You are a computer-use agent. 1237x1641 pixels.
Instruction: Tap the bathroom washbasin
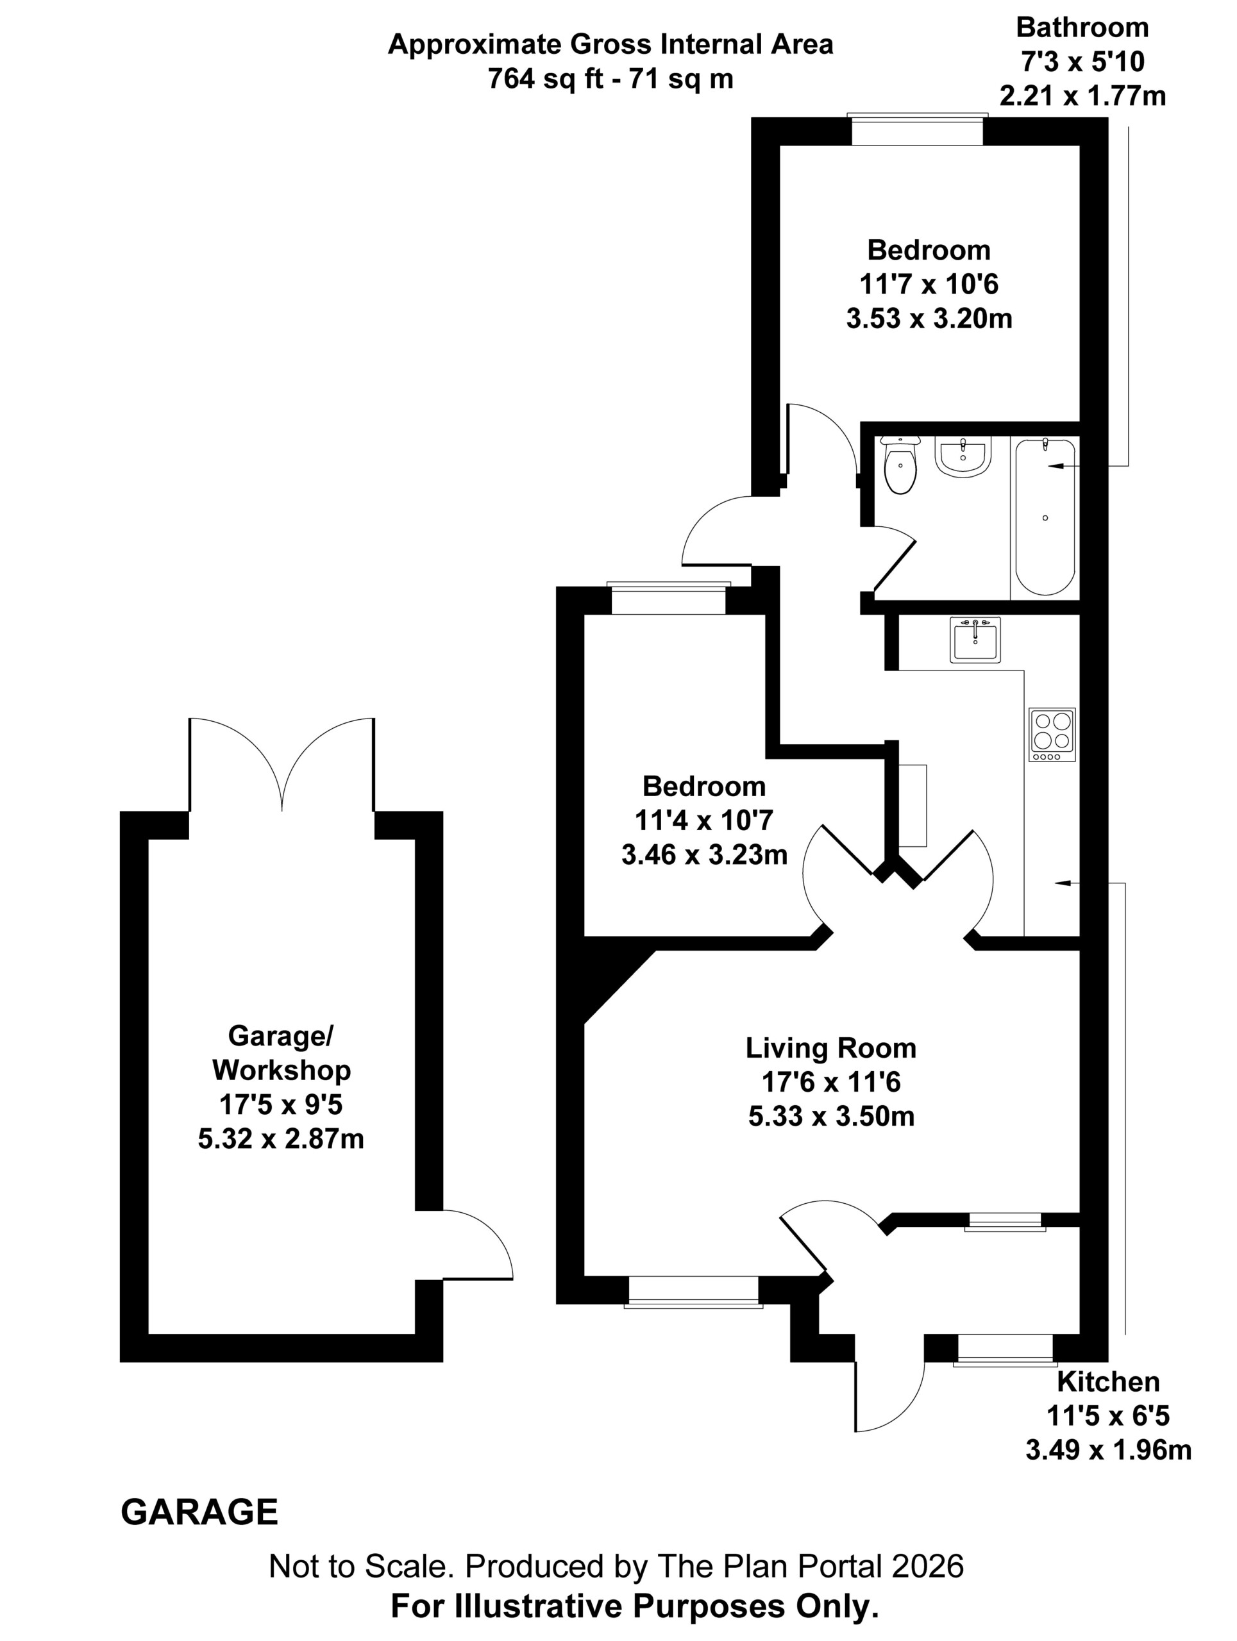(x=963, y=456)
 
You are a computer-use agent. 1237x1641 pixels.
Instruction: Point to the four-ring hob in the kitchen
(x=1052, y=734)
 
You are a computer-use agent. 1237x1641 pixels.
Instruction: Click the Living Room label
(x=831, y=1048)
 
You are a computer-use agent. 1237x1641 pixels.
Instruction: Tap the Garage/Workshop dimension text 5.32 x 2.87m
(x=280, y=1138)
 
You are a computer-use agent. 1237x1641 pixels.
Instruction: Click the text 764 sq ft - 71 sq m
(x=610, y=78)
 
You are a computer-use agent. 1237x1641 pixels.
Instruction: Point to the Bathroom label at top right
(x=1082, y=27)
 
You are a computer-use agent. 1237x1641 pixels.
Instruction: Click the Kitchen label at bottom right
(x=1108, y=1381)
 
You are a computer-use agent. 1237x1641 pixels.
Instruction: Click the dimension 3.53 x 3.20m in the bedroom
(x=929, y=319)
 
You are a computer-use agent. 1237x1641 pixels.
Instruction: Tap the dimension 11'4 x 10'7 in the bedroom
(x=703, y=820)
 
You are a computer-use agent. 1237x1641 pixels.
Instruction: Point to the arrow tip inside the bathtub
(x=1048, y=466)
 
